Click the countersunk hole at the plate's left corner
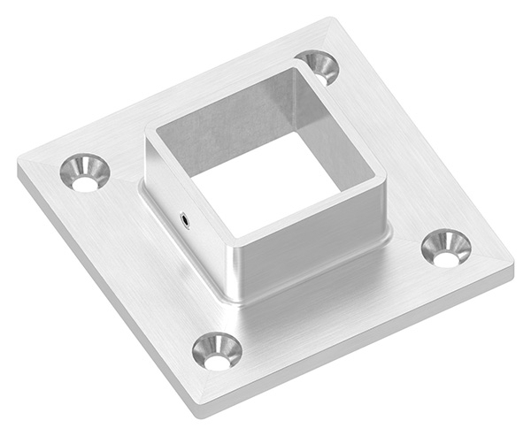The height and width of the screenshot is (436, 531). pos(85,173)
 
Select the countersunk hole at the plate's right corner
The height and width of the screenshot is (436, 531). pos(446,249)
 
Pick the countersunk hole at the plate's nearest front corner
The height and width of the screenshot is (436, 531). pos(217,351)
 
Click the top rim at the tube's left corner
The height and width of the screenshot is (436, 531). pos(150,133)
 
